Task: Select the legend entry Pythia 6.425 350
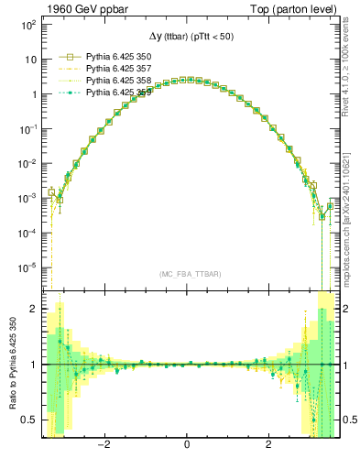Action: coord(114,56)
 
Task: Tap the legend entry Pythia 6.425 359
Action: coord(114,92)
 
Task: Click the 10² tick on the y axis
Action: coord(29,25)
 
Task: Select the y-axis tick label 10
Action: coord(29,60)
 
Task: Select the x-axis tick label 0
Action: coord(187,445)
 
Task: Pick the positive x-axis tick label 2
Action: coord(268,445)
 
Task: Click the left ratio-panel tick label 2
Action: coord(33,309)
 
